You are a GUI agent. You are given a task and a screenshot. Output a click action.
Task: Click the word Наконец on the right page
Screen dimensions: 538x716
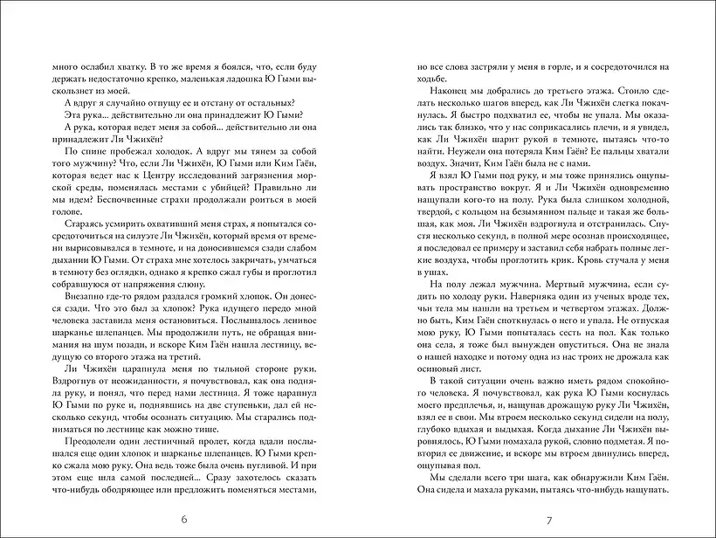click(x=441, y=90)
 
